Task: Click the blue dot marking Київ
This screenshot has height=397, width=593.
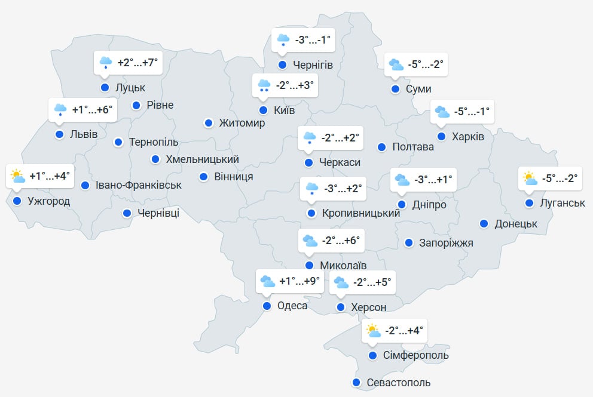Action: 263,110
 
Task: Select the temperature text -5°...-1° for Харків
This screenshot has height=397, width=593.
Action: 471,111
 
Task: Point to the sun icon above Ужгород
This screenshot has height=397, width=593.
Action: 17,176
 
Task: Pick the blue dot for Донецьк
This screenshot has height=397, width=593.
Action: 484,224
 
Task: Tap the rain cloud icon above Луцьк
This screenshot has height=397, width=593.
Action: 106,62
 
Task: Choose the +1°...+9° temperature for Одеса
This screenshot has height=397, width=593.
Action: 299,281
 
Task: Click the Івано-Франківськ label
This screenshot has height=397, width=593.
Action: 139,185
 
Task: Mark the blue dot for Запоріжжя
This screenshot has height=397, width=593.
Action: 409,242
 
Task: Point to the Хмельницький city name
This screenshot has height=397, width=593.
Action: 203,159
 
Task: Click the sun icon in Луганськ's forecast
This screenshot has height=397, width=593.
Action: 530,178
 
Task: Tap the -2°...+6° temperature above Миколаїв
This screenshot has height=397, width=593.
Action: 340,240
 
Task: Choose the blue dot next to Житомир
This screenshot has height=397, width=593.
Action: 208,123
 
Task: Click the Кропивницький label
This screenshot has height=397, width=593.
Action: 360,213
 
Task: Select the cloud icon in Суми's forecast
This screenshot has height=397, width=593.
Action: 395,64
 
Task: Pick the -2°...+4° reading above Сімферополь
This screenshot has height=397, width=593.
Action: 404,330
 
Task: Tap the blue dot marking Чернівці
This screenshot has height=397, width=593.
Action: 127,213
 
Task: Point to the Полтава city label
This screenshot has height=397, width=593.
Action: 413,147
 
